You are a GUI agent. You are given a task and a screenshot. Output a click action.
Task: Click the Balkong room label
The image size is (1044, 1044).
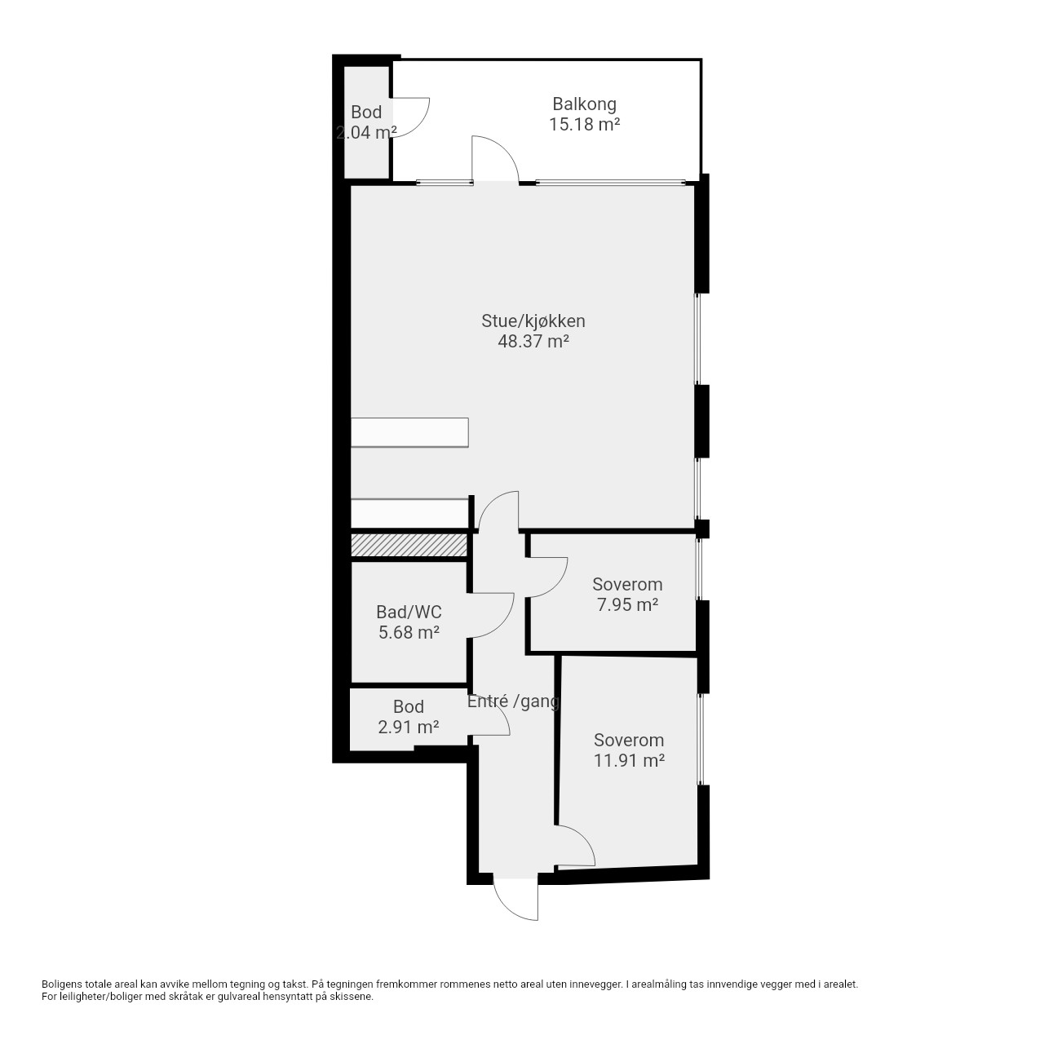(584, 104)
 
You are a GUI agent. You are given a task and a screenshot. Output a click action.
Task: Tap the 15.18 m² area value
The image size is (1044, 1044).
(584, 125)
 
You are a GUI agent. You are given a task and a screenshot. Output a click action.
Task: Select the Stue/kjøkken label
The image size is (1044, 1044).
(533, 321)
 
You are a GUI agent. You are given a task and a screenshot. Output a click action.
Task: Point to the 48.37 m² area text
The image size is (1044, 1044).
(533, 341)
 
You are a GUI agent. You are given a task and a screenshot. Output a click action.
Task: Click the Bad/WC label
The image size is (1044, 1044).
(409, 613)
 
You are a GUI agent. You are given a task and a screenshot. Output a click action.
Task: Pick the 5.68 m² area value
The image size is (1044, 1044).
(409, 632)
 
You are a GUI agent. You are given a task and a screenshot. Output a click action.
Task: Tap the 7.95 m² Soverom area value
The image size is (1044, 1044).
(627, 604)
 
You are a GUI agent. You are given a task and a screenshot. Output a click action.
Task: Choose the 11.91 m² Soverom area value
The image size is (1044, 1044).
(629, 760)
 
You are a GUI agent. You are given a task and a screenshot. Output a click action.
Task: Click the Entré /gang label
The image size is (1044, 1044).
(513, 701)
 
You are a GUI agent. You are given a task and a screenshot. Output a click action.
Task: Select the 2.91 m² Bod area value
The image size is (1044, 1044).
(409, 727)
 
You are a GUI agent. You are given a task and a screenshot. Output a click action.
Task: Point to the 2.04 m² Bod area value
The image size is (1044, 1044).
(366, 132)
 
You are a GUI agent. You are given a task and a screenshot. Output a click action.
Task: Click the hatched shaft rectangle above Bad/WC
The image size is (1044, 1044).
(409, 545)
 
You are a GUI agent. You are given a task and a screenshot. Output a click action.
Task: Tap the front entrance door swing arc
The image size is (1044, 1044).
(508, 910)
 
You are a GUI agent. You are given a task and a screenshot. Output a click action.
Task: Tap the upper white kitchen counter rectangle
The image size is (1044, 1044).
(409, 432)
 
